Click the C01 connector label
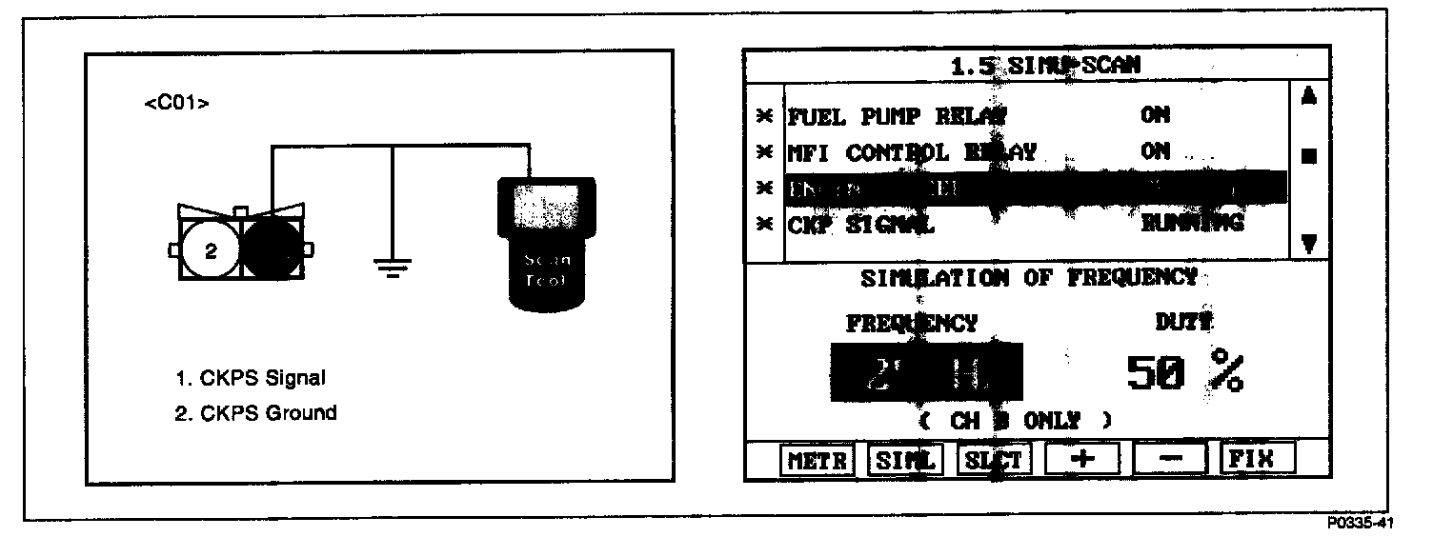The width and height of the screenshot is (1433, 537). [x=176, y=104]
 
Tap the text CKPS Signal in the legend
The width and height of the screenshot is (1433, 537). [x=250, y=378]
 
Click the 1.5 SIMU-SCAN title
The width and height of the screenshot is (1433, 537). [x=1045, y=67]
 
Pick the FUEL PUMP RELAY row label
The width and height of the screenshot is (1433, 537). [x=897, y=116]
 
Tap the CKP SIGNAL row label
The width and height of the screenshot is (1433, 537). [x=861, y=226]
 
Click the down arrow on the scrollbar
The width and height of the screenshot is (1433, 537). [x=1308, y=244]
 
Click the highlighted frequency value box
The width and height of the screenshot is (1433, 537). [x=925, y=372]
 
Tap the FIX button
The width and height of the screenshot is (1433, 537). [x=1259, y=459]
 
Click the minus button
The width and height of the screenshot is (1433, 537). [x=1171, y=459]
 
